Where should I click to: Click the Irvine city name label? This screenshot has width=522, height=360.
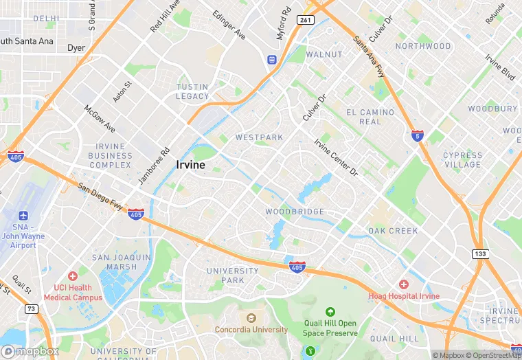[x=191, y=165]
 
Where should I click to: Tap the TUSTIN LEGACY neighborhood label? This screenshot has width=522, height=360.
[x=192, y=91]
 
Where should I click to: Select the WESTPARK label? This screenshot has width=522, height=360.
[x=259, y=137]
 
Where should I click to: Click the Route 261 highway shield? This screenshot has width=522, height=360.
[x=306, y=21]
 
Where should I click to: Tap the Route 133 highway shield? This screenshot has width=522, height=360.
[x=480, y=254]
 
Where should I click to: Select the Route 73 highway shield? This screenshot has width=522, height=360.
[x=31, y=310]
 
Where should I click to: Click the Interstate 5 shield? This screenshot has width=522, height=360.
[x=418, y=135]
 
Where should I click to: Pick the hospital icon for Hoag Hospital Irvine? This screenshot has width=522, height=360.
[x=404, y=284]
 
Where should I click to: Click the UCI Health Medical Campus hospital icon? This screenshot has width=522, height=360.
[x=73, y=276]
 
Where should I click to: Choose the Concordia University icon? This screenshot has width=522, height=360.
[x=251, y=318]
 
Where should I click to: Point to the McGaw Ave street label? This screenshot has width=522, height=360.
[x=100, y=120]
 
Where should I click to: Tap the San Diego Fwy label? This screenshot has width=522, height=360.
[x=100, y=196]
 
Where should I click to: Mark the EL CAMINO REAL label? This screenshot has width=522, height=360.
[x=370, y=117]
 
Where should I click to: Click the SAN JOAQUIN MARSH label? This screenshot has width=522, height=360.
[x=121, y=262]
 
